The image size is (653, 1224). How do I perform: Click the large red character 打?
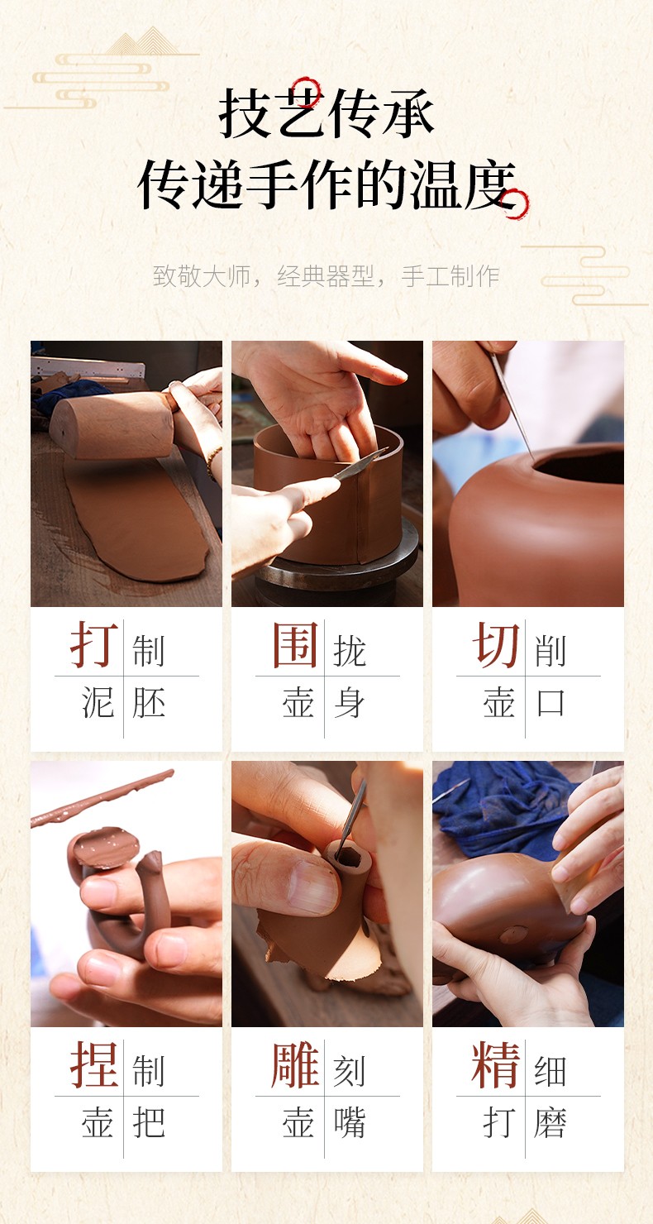click(94, 645)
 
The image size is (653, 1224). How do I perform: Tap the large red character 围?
click(295, 645)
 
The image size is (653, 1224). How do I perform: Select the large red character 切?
click(496, 645)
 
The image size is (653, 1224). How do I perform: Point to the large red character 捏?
click(94, 1064)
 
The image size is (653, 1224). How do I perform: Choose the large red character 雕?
click(295, 1064)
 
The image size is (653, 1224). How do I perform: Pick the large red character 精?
click(496, 1064)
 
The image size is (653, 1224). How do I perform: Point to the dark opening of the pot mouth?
click(579, 468)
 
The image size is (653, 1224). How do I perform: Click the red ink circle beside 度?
click(517, 204)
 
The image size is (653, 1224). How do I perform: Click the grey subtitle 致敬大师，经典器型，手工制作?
click(326, 276)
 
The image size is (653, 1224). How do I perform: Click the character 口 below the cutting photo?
click(551, 703)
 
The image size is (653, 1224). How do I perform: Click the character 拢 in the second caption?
click(350, 651)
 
